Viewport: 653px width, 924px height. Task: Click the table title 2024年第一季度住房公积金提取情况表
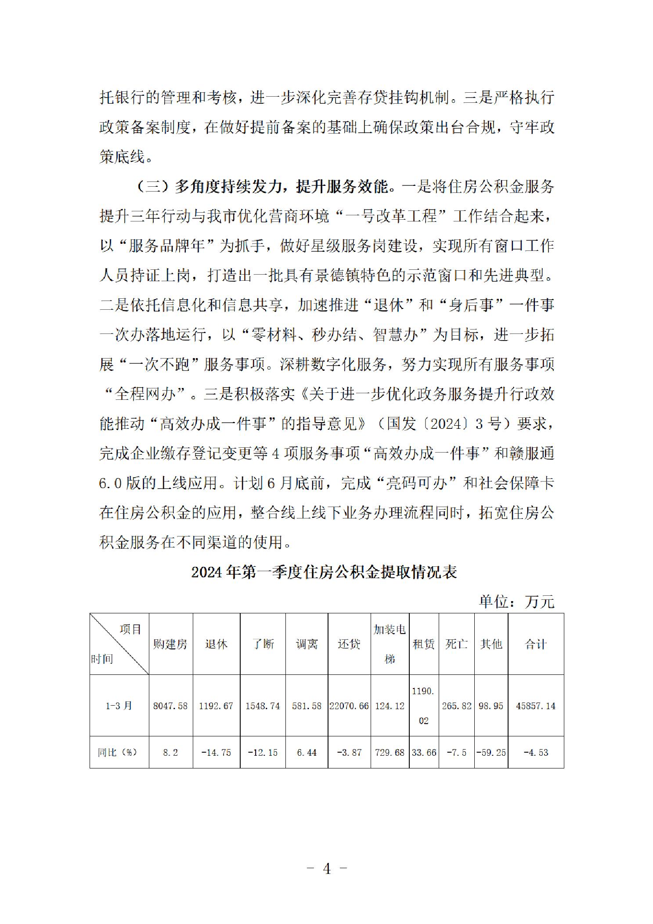(324, 572)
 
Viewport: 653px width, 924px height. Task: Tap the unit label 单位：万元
(516, 602)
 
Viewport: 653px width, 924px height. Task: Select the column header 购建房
(170, 644)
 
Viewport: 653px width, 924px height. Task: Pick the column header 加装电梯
(390, 644)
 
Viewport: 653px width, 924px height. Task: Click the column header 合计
(535, 644)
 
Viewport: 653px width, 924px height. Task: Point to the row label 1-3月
(119, 706)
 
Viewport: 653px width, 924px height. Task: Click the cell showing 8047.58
(170, 706)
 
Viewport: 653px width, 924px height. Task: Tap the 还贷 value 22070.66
(349, 706)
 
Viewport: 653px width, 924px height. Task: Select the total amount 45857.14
(535, 706)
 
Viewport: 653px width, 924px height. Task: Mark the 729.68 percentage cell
(390, 752)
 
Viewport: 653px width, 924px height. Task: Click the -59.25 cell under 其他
(491, 752)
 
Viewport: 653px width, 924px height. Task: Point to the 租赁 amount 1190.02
(423, 706)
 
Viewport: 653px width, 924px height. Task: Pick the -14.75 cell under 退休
(216, 752)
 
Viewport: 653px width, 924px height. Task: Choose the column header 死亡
(456, 644)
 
